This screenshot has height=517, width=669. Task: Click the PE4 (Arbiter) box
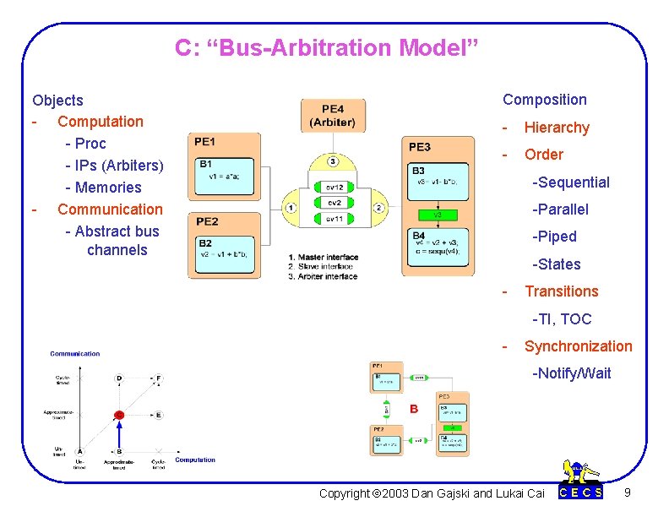(x=333, y=115)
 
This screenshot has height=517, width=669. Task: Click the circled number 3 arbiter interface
(x=333, y=161)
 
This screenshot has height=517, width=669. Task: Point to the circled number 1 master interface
(x=291, y=208)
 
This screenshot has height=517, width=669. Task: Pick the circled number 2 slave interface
(x=378, y=208)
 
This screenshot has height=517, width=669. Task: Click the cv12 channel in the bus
(x=334, y=187)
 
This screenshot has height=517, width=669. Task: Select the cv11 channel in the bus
(x=334, y=218)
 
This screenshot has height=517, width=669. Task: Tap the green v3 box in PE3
(x=438, y=215)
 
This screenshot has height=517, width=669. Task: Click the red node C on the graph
(x=119, y=415)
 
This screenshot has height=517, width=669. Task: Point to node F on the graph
(x=158, y=378)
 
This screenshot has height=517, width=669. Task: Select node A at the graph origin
(x=79, y=451)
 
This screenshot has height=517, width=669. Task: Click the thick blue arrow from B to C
(x=119, y=434)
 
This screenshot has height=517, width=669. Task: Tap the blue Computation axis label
(x=194, y=460)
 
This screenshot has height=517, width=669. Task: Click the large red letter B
(x=414, y=409)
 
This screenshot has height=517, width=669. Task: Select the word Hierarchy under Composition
(x=557, y=128)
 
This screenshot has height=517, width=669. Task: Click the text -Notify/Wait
(x=571, y=373)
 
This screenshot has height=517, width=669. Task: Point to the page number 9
(x=626, y=492)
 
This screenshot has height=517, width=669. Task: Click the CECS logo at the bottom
(x=582, y=484)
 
